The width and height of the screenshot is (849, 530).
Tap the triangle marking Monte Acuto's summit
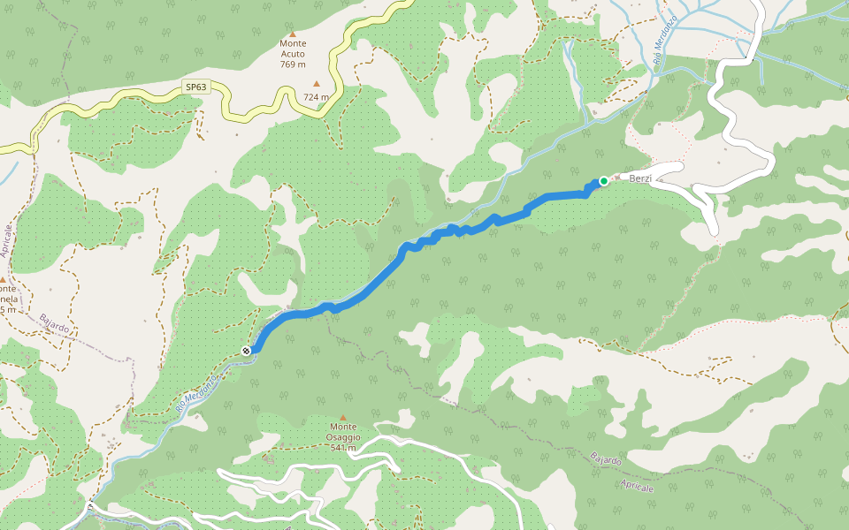click(x=293, y=34)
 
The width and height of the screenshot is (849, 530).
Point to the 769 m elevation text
click(x=293, y=64)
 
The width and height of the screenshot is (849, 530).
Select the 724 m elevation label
click(x=316, y=97)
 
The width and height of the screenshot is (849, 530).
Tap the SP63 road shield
click(x=196, y=87)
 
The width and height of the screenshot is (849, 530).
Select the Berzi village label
click(x=640, y=178)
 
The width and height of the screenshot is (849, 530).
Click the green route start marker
click(x=604, y=181)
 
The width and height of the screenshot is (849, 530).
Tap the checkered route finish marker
click(x=246, y=351)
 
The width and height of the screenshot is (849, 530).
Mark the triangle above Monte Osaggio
click(x=343, y=417)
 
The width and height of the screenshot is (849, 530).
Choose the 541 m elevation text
click(x=343, y=448)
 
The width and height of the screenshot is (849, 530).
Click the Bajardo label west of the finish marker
click(x=55, y=324)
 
